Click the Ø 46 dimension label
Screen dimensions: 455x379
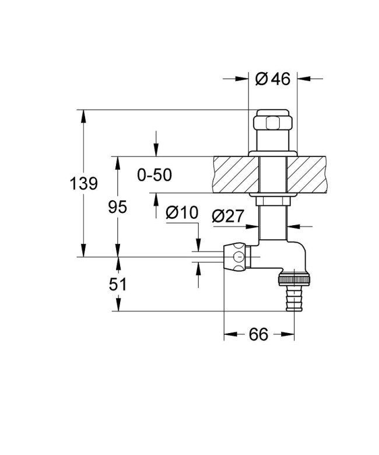click(273, 79)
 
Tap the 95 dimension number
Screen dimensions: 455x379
click(117, 207)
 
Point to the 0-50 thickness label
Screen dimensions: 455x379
click(155, 174)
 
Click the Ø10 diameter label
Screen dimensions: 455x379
click(182, 213)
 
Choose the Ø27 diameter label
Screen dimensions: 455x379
click(227, 216)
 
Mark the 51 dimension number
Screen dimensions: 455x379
click(117, 285)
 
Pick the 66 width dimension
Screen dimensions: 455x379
click(258, 335)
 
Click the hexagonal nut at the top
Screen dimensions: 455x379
click(272, 123)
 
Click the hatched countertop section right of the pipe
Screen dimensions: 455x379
click(308, 174)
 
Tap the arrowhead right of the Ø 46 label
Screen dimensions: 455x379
click(304, 79)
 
